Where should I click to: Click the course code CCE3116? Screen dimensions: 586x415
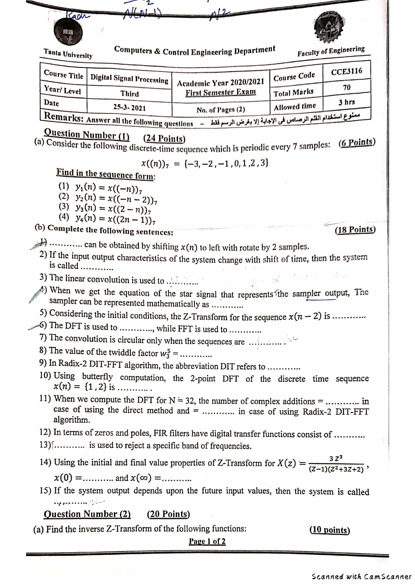(347, 72)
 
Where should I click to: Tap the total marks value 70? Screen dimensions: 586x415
(347, 87)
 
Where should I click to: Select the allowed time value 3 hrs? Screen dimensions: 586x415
(347, 102)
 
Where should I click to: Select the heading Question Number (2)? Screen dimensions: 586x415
(87, 514)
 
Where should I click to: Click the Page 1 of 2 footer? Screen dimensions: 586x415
(207, 541)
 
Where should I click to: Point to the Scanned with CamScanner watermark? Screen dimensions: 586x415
(361, 576)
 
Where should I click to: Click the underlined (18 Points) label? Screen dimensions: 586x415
(355, 230)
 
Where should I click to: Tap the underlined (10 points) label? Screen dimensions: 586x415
(330, 530)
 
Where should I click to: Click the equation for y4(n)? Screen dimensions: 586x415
(114, 218)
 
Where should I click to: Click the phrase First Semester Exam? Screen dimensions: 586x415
(221, 93)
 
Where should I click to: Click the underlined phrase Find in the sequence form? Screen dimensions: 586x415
(106, 174)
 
